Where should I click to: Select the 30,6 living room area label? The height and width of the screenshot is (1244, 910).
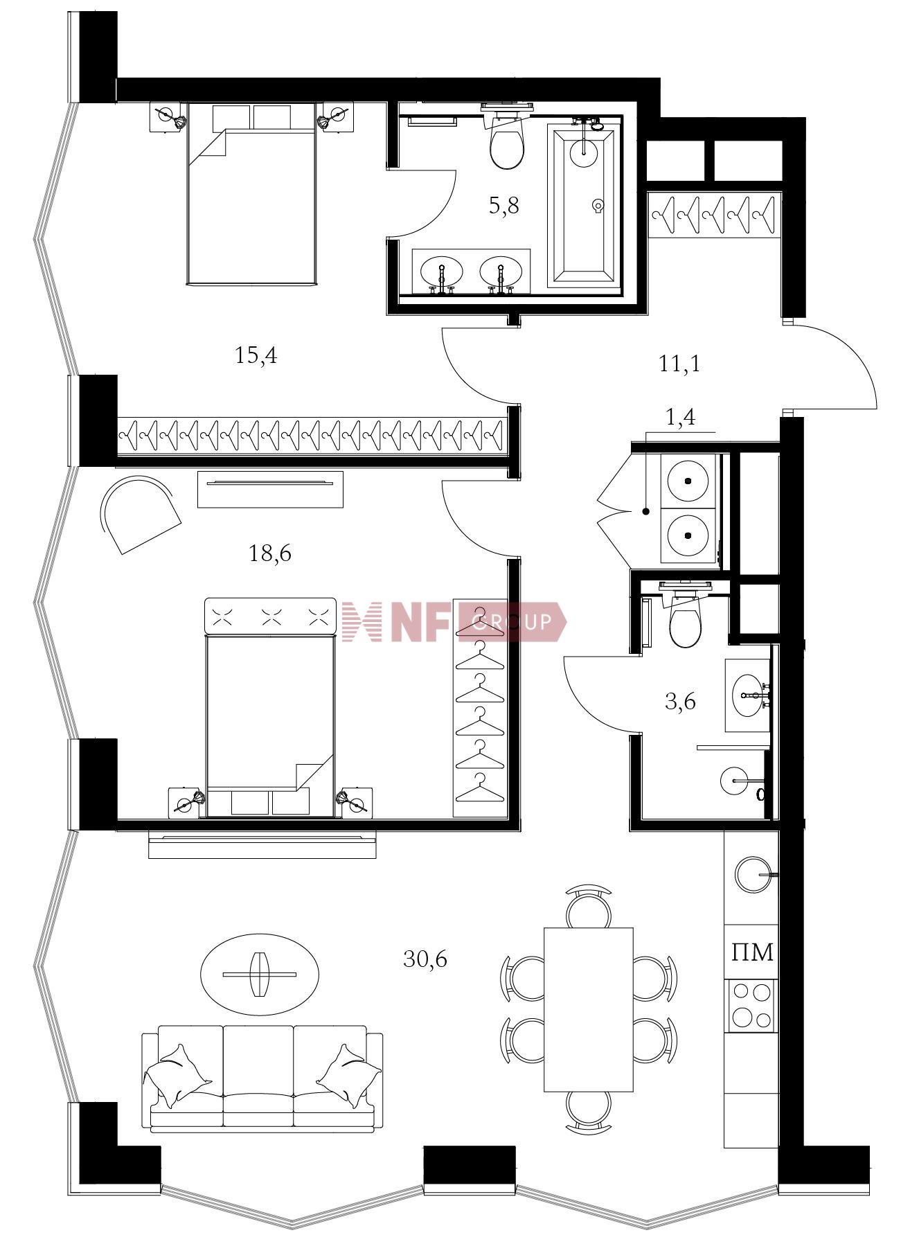[x=425, y=959]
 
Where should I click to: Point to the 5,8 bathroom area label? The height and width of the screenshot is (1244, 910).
[x=503, y=206]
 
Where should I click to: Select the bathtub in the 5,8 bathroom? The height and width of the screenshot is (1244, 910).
[x=582, y=205]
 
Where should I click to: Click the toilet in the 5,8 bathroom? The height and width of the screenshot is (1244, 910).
[x=508, y=136]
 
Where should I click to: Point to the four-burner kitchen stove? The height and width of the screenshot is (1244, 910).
[x=752, y=1004]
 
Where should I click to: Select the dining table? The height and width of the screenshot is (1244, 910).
[x=589, y=1009]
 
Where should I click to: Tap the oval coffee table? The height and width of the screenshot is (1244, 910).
[x=260, y=975]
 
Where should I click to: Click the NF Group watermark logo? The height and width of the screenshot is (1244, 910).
[x=454, y=621]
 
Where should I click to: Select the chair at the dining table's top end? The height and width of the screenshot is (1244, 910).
[x=589, y=905]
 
